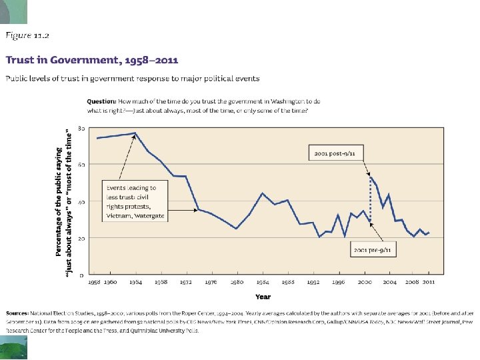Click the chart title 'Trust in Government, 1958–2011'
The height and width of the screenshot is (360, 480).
coord(92,59)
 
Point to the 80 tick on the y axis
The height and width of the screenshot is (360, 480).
coord(81,127)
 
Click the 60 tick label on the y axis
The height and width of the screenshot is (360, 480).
coord(81,164)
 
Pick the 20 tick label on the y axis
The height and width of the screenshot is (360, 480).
coord(81,238)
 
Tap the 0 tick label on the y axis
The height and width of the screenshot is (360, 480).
coord(82,275)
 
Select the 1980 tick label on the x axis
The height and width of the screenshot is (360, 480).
coord(236,283)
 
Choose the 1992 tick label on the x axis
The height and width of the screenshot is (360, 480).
coord(313,283)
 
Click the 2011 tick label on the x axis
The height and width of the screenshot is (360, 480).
coord(428,283)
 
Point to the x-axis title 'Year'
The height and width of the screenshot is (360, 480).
coord(263,297)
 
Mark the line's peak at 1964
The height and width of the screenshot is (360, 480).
coord(135,133)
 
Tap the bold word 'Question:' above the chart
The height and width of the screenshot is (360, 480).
coord(102,101)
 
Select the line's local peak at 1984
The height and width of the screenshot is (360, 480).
coord(262,193)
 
